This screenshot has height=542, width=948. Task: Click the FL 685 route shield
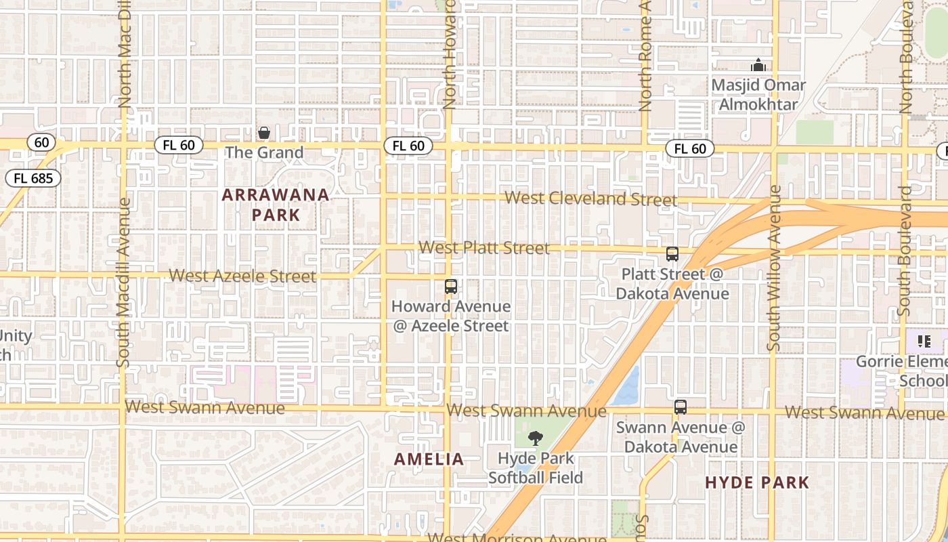[33, 179]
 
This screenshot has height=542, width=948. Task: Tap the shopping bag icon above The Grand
[264, 133]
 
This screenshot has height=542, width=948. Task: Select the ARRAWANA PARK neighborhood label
[276, 205]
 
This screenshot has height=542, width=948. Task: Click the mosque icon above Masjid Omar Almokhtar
[758, 66]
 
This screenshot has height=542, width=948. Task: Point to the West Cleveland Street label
[590, 199]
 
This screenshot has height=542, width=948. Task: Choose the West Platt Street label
[484, 248]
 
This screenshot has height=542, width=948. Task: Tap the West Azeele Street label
[242, 276]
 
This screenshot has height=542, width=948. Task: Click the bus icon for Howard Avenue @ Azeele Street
[451, 287]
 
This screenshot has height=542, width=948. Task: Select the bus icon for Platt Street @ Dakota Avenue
[672, 254]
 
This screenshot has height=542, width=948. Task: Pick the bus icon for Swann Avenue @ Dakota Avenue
[681, 407]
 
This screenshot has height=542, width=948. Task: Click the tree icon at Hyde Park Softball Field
[535, 438]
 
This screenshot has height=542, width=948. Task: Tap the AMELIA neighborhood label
[429, 459]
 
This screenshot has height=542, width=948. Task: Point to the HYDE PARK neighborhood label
[757, 482]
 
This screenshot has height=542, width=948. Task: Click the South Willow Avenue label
[774, 268]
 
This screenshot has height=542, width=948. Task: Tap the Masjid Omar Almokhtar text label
[758, 95]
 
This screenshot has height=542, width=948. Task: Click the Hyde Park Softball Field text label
[536, 468]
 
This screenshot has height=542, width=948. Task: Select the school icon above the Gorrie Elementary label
[924, 341]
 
